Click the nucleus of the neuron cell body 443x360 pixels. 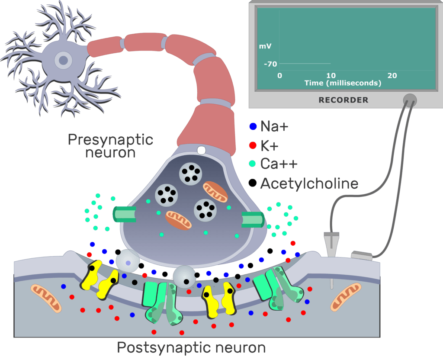(x=63, y=60)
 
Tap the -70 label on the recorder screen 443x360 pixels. (x=270, y=64)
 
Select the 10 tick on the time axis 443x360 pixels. (x=331, y=75)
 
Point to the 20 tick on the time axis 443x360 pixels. (x=392, y=75)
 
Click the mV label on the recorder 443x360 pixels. (x=265, y=46)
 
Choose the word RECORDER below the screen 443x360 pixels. (x=343, y=100)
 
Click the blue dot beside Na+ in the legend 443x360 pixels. (x=253, y=126)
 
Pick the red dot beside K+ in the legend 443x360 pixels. (x=253, y=145)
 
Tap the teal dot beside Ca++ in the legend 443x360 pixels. (x=252, y=163)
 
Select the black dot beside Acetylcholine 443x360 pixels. (x=252, y=183)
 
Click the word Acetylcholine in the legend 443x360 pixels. (x=309, y=183)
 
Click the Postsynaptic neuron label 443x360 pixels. (x=191, y=347)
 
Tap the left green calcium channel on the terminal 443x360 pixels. (x=124, y=214)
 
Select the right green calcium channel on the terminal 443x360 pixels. (x=253, y=219)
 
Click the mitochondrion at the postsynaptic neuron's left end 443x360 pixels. (x=46, y=298)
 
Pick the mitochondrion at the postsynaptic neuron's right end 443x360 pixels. (x=346, y=297)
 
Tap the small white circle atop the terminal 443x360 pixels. (x=202, y=150)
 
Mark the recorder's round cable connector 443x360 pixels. (x=410, y=100)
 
